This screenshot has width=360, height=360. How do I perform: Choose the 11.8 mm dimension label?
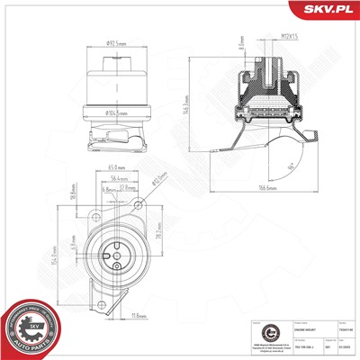click(x=139, y=316)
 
